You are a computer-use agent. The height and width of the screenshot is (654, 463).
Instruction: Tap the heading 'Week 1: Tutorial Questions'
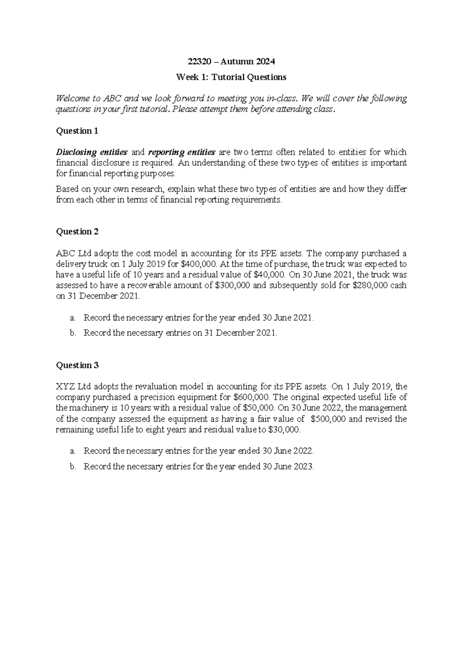(x=231, y=77)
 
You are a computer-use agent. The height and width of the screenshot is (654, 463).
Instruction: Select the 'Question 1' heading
(x=77, y=131)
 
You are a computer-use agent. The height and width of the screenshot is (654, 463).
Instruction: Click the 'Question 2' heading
(x=77, y=232)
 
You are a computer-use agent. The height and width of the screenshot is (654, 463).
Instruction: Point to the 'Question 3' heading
(x=77, y=365)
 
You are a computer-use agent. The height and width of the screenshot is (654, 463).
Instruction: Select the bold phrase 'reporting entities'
(x=182, y=152)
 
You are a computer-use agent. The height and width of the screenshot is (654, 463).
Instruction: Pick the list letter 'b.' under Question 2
(x=73, y=333)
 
